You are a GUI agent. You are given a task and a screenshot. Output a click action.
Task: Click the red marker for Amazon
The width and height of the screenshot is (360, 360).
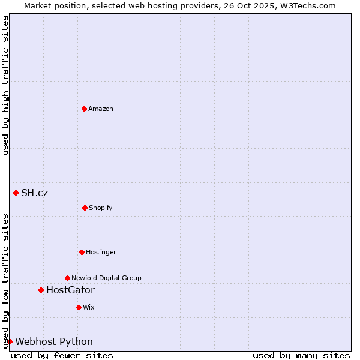[x=85, y=109]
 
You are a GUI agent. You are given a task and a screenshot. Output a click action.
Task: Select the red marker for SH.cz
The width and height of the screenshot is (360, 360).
[x=16, y=193]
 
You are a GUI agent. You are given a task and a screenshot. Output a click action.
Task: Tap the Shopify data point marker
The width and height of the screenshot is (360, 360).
[x=85, y=208]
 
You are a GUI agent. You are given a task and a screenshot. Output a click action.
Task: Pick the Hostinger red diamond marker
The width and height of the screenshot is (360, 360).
[x=82, y=252]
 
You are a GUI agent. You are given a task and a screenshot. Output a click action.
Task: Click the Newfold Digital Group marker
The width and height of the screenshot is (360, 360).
[x=68, y=278]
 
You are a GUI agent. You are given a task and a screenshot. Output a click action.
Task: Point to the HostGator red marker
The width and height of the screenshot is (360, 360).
[x=41, y=290]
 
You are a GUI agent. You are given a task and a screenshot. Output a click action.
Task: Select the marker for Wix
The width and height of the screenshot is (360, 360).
[x=79, y=307]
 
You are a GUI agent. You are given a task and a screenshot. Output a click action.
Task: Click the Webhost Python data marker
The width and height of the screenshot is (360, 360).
[x=10, y=341]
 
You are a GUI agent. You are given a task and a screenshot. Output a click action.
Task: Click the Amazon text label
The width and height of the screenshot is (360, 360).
[x=101, y=109]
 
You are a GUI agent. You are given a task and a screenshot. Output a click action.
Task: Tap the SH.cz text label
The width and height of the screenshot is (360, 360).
[x=35, y=193]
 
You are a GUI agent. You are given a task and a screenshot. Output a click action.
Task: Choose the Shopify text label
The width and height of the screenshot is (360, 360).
[x=101, y=208]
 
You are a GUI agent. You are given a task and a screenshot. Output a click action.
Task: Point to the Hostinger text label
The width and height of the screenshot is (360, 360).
[x=101, y=252]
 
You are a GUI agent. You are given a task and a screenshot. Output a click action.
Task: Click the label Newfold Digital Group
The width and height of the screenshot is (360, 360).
[x=106, y=278]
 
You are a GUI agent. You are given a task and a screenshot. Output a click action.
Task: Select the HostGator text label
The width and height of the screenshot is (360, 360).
[x=70, y=290]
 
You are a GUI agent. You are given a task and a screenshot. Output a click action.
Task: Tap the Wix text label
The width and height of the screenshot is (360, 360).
[x=89, y=307]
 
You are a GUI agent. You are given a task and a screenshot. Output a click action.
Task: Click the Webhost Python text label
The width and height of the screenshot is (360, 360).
[x=54, y=342]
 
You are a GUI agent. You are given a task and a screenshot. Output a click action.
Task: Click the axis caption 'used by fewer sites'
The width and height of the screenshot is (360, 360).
[x=62, y=355]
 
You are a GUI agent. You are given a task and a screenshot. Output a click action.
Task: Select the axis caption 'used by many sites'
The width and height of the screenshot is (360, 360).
[x=301, y=355]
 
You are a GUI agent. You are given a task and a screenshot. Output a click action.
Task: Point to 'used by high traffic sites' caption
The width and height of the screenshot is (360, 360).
[x=5, y=85]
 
